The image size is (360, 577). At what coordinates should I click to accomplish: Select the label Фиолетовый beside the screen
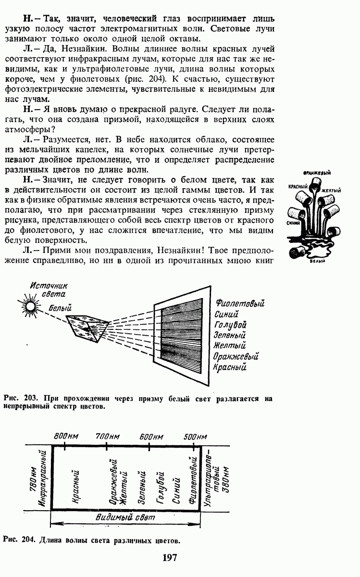241,304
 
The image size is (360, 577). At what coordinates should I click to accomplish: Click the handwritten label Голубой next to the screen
230,325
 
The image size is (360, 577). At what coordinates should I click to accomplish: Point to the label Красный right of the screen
230,367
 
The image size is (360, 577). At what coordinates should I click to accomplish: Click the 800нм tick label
66,436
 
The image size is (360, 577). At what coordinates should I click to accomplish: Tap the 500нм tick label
195,436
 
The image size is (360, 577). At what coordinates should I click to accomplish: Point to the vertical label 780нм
33,481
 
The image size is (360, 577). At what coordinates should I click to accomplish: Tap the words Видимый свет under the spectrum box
126,517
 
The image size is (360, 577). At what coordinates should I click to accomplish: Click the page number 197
170,558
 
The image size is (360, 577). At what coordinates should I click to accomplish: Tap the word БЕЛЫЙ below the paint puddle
315,261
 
